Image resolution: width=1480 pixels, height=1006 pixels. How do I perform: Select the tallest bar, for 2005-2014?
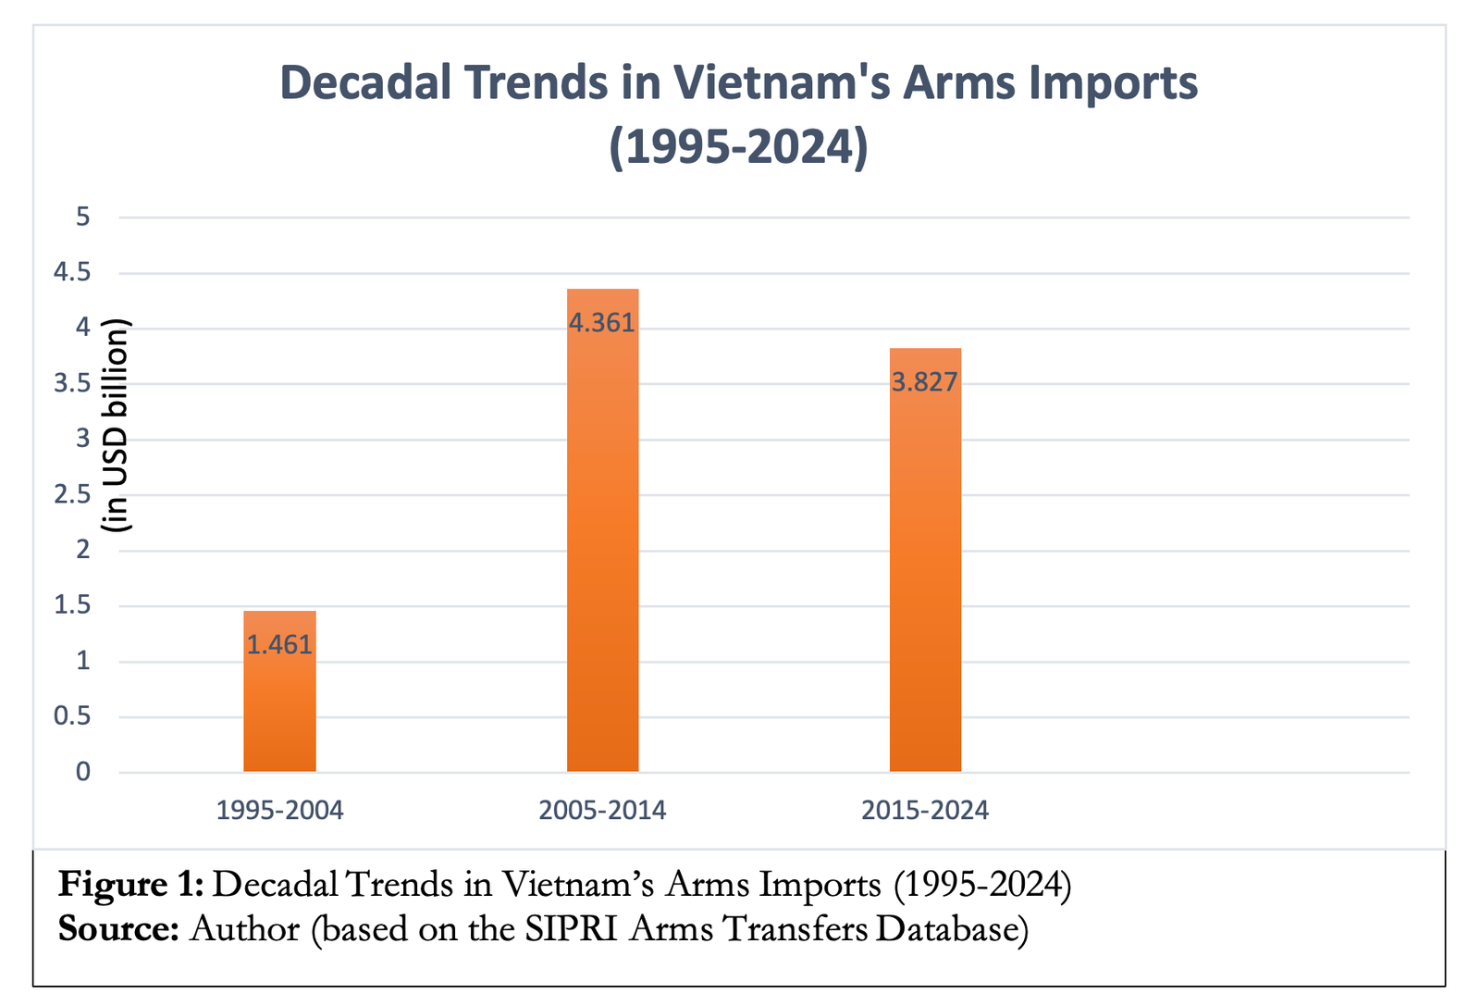(x=602, y=555)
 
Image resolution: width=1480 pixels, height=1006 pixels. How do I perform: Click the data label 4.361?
(x=602, y=323)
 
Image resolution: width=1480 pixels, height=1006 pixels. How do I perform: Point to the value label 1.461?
(x=279, y=645)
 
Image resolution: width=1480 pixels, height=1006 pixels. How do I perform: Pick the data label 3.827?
(x=925, y=382)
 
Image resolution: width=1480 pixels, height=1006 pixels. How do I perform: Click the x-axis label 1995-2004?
(x=279, y=811)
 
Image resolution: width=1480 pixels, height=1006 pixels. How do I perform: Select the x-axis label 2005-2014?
(x=602, y=811)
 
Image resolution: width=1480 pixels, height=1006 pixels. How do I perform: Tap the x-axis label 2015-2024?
(x=925, y=811)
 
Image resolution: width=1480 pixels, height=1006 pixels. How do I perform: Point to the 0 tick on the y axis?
(x=83, y=772)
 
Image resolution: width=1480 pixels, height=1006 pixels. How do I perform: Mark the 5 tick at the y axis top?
(x=83, y=217)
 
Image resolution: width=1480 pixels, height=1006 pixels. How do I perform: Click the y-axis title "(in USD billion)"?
(x=118, y=426)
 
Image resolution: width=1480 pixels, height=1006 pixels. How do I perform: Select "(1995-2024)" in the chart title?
(x=739, y=146)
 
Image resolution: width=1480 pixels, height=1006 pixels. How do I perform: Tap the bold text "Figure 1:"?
(x=130, y=885)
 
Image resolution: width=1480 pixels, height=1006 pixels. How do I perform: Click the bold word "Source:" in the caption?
(x=118, y=928)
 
